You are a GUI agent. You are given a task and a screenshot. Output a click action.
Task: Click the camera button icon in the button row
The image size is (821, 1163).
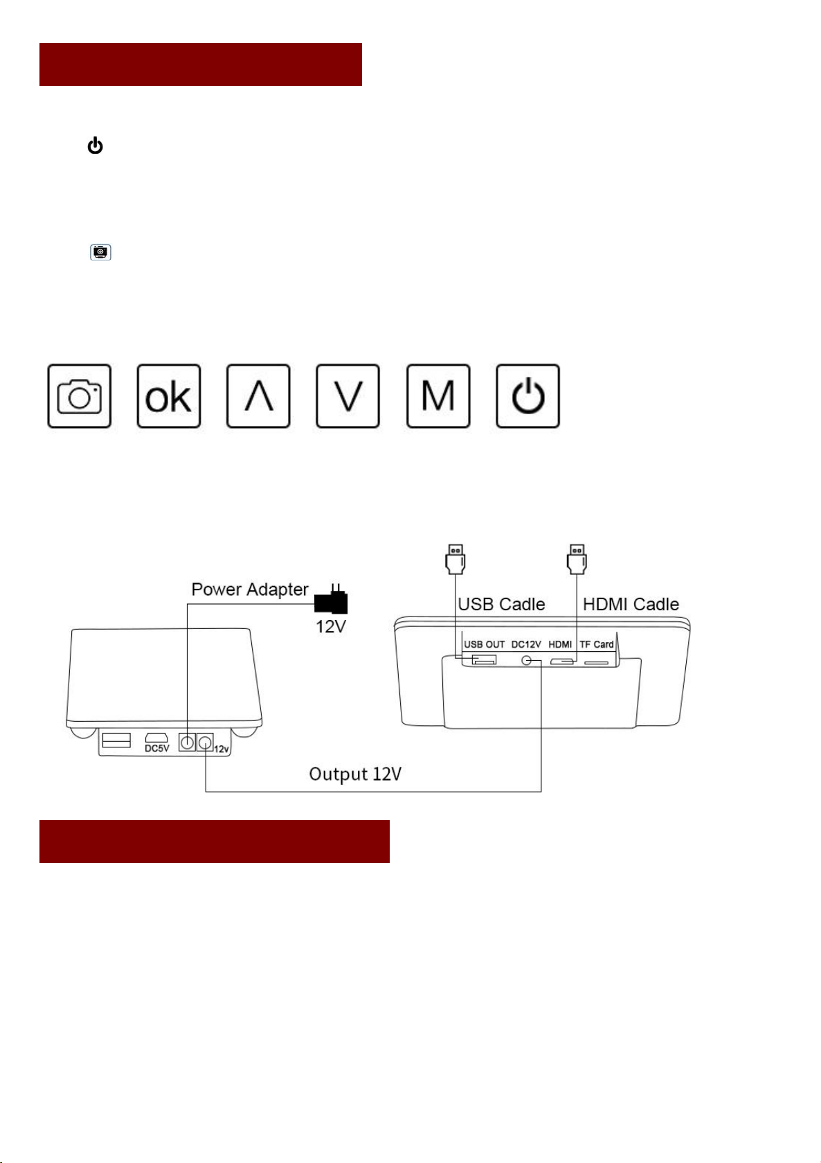pyautogui.click(x=79, y=396)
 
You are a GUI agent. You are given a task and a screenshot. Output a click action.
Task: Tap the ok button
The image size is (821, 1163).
pyautogui.click(x=168, y=396)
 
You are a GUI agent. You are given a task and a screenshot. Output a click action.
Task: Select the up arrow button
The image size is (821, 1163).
pyautogui.click(x=258, y=396)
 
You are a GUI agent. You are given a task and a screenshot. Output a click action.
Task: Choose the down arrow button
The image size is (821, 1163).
pyautogui.click(x=348, y=396)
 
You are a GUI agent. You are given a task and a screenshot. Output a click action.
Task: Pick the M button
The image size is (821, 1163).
pyautogui.click(x=437, y=396)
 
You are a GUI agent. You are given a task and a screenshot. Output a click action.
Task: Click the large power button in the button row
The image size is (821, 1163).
pyautogui.click(x=527, y=396)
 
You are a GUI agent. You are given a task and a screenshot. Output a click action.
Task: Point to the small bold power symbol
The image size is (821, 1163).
pyautogui.click(x=95, y=146)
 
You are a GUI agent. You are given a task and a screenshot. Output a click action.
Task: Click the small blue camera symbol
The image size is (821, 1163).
pyautogui.click(x=100, y=252)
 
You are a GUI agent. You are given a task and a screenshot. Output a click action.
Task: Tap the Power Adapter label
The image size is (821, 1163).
pyautogui.click(x=249, y=589)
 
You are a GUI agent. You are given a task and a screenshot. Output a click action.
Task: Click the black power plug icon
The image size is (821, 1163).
pyautogui.click(x=332, y=601)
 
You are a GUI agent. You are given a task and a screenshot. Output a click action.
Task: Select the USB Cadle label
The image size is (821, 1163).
pyautogui.click(x=501, y=604)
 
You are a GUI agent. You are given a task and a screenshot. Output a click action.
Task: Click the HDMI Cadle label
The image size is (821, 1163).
pyautogui.click(x=631, y=604)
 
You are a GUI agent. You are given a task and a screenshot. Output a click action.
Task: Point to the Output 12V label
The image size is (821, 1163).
pyautogui.click(x=355, y=774)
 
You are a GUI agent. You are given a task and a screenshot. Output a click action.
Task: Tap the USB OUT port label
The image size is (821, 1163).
pyautogui.click(x=484, y=644)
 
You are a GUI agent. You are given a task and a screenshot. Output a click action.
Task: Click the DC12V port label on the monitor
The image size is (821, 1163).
pyautogui.click(x=526, y=644)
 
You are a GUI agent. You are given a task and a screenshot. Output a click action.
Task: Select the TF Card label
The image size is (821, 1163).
pyautogui.click(x=597, y=644)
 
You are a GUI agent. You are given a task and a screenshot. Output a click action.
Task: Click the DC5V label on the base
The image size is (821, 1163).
pyautogui.click(x=156, y=748)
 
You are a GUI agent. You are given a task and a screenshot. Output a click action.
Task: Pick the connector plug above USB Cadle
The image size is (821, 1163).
pyautogui.click(x=455, y=559)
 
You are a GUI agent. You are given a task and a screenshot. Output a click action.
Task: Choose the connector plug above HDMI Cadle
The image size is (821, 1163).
pyautogui.click(x=577, y=559)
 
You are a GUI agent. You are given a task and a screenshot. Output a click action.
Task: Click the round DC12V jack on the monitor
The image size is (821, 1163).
pyautogui.click(x=528, y=661)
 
